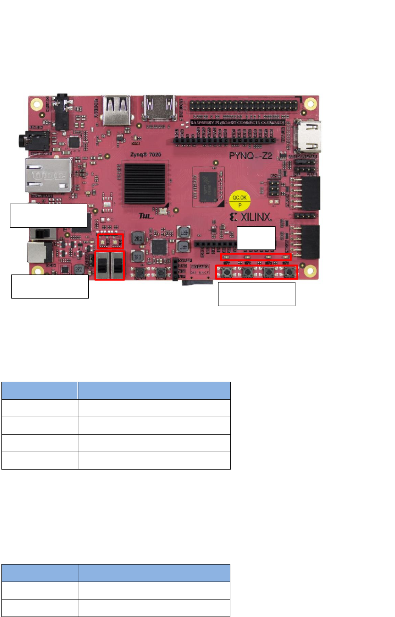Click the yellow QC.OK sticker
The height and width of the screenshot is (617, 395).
tap(240, 201)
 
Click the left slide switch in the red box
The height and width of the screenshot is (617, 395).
tap(103, 266)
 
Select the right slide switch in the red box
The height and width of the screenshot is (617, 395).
tap(117, 266)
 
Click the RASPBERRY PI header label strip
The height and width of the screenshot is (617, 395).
tap(236, 122)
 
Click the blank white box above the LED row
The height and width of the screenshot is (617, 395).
tap(256, 238)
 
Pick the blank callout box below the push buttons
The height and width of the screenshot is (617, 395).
tap(256, 294)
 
